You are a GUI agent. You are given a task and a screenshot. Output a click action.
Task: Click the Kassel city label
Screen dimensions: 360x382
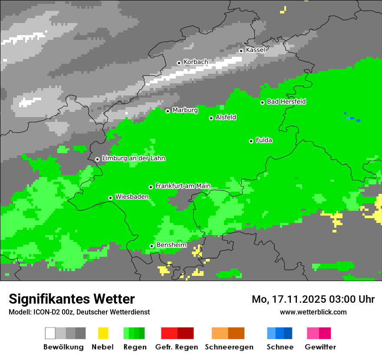[255, 50]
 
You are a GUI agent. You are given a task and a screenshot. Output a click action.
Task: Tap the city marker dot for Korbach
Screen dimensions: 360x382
[179, 63]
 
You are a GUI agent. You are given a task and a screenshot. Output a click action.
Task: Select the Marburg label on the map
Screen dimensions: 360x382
[185, 110]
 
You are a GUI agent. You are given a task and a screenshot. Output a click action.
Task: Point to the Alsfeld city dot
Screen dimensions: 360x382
[211, 118]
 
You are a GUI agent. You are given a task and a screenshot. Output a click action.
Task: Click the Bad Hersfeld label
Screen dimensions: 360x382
[286, 101]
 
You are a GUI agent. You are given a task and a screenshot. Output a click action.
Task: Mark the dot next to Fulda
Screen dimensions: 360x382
[251, 141]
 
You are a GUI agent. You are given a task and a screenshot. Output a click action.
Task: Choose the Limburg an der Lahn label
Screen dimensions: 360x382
[133, 158]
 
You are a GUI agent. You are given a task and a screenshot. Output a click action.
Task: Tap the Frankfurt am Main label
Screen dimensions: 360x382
[183, 186]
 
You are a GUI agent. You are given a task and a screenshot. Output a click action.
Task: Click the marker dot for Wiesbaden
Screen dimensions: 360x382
[111, 198]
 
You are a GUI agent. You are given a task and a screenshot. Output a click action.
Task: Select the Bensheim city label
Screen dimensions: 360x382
[171, 245]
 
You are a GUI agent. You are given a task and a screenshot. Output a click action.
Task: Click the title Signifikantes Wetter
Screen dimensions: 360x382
[72, 299]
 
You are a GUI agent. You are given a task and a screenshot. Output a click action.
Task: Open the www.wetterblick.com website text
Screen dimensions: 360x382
[313, 312]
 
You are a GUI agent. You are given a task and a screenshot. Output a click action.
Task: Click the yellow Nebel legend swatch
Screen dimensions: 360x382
[103, 333]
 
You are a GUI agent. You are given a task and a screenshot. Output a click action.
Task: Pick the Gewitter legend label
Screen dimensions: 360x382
[320, 347]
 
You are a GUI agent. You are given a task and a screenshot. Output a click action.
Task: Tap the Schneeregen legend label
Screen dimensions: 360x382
[229, 347]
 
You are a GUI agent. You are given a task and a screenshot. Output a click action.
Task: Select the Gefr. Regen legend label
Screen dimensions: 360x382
[177, 347]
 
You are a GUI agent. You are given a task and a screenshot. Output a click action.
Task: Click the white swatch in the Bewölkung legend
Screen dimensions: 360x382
[50, 333]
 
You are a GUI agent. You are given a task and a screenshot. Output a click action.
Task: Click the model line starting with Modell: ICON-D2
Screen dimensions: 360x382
[79, 312]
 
